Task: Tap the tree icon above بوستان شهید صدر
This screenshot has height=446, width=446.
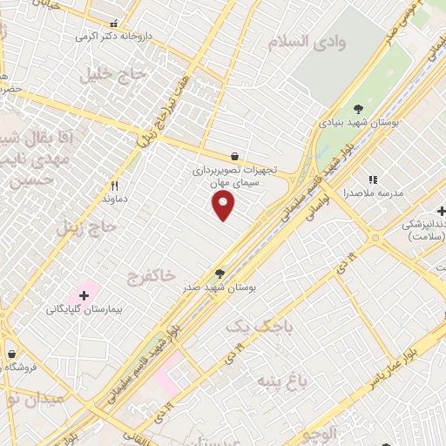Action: point(220,274)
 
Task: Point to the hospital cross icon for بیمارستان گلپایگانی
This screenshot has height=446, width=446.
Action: point(84,295)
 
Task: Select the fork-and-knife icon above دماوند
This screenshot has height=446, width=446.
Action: point(114,186)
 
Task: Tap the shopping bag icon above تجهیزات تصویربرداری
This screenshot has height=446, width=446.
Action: point(234,156)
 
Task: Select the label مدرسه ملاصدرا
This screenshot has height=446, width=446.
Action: point(370,193)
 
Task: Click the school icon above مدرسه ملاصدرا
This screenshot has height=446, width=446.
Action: point(373,179)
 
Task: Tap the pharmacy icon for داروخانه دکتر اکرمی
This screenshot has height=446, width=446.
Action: point(113,24)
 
